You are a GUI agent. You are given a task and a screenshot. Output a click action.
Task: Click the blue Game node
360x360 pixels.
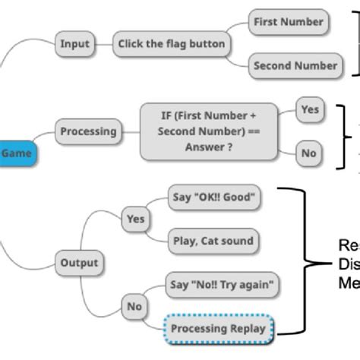[16, 153]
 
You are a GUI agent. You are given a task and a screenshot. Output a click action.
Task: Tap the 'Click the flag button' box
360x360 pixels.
[172, 44]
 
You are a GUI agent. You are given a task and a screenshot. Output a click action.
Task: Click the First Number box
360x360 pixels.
[287, 22]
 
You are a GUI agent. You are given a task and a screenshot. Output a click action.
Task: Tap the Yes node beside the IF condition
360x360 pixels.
[309, 109]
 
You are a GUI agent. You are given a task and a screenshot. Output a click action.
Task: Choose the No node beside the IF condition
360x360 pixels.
[308, 153]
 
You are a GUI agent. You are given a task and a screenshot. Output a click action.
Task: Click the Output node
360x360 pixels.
[79, 263]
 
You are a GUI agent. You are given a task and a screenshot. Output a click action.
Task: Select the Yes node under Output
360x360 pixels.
[135, 219]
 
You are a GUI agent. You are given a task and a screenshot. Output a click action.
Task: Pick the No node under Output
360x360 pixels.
[134, 307]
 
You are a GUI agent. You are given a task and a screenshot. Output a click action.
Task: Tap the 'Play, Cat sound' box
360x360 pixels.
[213, 242]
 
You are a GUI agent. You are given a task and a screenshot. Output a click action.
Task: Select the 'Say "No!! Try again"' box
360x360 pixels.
[219, 285]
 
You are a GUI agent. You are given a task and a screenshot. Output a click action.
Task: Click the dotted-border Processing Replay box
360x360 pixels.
[218, 328]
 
